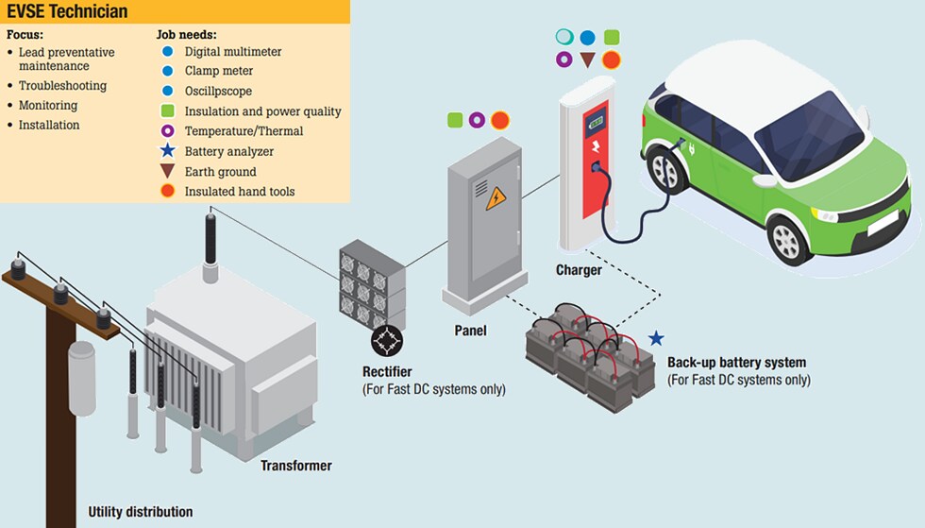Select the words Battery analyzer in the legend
tap(228, 151)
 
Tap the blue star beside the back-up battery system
tap(656, 338)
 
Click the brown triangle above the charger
tap(587, 60)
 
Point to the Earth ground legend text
tap(220, 172)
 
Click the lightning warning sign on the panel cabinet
tap(496, 198)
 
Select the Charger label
tap(579, 270)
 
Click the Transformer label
tap(295, 466)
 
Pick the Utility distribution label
tap(140, 512)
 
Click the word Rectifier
tap(387, 371)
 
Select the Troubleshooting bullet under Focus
tap(62, 86)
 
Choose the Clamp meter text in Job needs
tap(218, 71)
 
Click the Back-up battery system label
tap(736, 363)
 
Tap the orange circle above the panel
tap(499, 120)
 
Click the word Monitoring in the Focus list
tap(48, 106)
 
